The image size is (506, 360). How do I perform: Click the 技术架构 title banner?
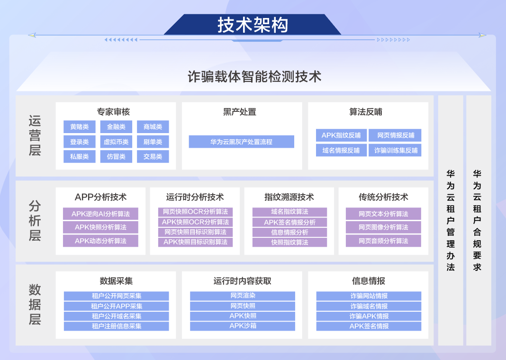click(x=253, y=25)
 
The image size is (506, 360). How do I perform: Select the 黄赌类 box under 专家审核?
click(x=80, y=127)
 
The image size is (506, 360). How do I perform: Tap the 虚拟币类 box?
click(x=116, y=142)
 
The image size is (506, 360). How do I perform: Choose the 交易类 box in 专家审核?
click(x=153, y=156)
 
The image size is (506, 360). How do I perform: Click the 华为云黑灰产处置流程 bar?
click(x=241, y=142)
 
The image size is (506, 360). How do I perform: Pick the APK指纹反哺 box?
click(x=341, y=135)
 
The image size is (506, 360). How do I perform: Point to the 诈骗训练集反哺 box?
click(x=395, y=150)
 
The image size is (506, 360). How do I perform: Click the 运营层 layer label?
click(x=35, y=135)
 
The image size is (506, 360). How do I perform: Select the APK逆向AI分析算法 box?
click(x=101, y=214)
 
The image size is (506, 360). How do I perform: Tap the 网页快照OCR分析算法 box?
click(x=195, y=212)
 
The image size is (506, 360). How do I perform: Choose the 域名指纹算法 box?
click(x=289, y=212)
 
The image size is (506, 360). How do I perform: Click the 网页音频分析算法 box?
click(x=383, y=241)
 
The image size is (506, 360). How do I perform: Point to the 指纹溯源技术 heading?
click(x=289, y=197)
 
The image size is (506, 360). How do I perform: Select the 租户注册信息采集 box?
click(x=117, y=326)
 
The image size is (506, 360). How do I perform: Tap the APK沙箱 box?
click(x=243, y=326)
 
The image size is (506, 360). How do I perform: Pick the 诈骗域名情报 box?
click(x=369, y=306)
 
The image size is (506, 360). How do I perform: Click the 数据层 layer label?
click(x=35, y=305)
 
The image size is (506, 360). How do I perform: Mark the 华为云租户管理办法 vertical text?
click(x=451, y=221)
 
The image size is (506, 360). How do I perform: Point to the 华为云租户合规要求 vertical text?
click(x=477, y=221)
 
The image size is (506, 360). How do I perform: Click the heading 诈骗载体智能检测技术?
click(x=254, y=77)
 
